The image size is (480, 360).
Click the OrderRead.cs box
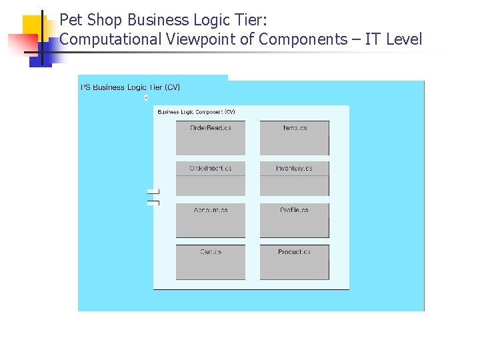(x=211, y=138)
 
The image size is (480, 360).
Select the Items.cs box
(x=294, y=138)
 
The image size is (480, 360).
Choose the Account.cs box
(x=211, y=221)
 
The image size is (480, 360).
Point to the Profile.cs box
(x=294, y=221)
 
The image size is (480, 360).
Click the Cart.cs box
(x=211, y=262)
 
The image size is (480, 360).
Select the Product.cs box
(x=294, y=262)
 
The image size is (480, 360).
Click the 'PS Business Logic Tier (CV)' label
(x=130, y=87)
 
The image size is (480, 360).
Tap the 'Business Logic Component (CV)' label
(x=196, y=112)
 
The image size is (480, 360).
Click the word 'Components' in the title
(x=303, y=39)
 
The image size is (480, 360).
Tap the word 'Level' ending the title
(x=403, y=39)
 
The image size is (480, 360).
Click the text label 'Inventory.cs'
(x=294, y=169)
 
